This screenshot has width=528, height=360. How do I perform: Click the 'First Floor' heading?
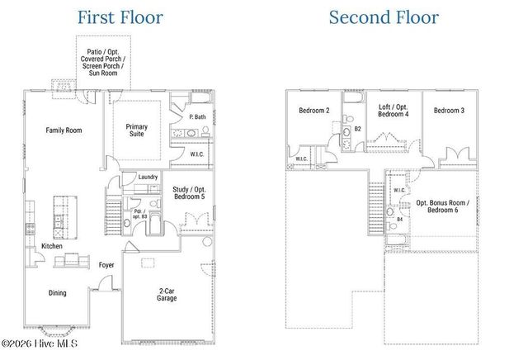click(x=121, y=17)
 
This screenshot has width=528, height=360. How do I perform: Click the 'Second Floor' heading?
click(x=384, y=17)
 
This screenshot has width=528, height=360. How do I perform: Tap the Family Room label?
click(x=64, y=130)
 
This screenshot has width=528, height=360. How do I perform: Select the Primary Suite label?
click(x=137, y=130)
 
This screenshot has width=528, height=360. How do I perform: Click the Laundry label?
click(x=148, y=177)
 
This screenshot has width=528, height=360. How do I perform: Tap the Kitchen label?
click(x=53, y=246)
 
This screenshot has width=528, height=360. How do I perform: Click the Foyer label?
click(x=106, y=265)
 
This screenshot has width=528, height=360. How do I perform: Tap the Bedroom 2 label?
click(x=314, y=111)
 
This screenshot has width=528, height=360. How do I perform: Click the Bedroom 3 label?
click(x=450, y=111)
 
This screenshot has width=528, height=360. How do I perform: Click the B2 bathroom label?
click(x=358, y=130)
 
